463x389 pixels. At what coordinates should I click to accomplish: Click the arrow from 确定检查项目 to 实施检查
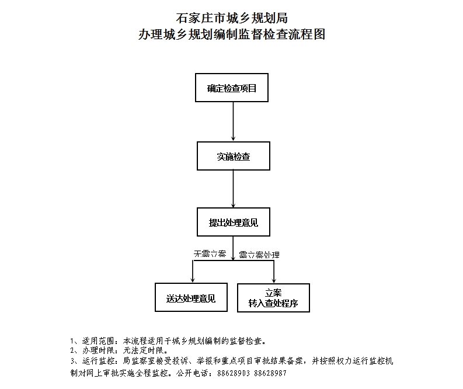coord(234,121)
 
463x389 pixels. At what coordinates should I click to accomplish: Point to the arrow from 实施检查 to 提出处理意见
coord(234,189)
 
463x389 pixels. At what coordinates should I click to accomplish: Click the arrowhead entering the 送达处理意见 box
coord(193,280)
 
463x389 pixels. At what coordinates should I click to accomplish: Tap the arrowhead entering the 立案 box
coord(274,280)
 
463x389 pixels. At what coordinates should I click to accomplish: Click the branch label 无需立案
coord(210,253)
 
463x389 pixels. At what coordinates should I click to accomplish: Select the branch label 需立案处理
coord(259,255)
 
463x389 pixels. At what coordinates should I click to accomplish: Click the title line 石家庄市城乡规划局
coord(232,18)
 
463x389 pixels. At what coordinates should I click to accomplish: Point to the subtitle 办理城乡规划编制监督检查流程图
coord(232,34)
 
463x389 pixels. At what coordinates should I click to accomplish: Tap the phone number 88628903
coord(234,373)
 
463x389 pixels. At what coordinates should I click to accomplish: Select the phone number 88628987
coord(270,373)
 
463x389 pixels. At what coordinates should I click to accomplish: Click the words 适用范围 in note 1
coord(98,341)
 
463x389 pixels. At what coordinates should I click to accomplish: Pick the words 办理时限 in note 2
coord(98,350)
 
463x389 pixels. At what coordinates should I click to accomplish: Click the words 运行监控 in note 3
coord(98,361)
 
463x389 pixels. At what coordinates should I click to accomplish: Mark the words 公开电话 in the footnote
coord(192,373)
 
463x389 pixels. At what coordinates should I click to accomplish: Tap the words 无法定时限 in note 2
coord(143,350)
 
